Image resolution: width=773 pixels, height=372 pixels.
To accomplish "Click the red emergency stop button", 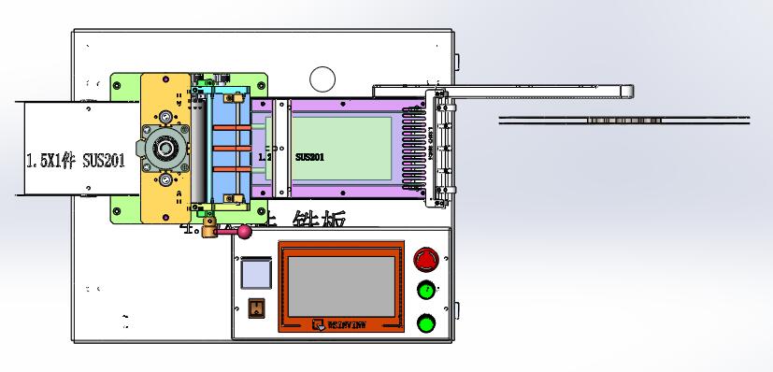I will coord(426,259).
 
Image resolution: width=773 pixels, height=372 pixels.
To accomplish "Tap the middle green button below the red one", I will coord(426,290).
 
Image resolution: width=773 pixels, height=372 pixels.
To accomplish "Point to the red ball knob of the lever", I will coord(245,232).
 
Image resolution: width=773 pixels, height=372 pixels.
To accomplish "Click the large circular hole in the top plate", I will coord(322,79).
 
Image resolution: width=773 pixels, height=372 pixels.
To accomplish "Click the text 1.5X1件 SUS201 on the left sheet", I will coord(76,160).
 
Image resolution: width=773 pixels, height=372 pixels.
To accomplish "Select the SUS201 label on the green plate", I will coord(310,158).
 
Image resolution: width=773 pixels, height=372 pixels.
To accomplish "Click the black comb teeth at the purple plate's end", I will coord(412,150).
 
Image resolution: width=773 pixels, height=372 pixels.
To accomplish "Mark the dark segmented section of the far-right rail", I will coord(622,120).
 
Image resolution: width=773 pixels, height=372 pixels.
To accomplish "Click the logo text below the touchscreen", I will coord(341,324).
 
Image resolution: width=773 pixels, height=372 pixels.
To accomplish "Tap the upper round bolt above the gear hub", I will coord(165,116).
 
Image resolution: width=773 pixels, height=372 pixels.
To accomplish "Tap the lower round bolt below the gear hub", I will coord(165,179).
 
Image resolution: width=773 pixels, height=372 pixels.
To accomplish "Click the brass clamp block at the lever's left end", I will coord(216,228).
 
